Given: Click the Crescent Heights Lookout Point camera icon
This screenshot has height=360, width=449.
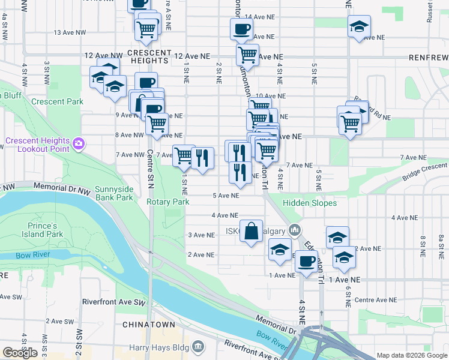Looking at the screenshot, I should point(79,143).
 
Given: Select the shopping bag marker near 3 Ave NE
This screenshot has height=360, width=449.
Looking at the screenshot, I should point(251,231).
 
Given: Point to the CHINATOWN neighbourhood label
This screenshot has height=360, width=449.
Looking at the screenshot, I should point(149,325).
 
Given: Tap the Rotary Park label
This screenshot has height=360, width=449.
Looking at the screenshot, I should point(168,202).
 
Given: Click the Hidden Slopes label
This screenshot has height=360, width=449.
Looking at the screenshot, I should point(310,203).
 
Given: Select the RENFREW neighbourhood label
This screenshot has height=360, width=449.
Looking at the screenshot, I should point(428,58).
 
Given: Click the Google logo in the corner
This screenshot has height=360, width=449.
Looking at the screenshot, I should point(20,353).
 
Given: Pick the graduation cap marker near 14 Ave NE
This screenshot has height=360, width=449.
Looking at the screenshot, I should point(359,27).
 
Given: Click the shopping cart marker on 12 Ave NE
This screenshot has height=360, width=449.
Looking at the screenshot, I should point(247,56).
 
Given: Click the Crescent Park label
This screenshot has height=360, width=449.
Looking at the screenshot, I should point(58,101).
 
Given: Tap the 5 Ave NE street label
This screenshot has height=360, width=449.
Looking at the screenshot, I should point(226,196).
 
